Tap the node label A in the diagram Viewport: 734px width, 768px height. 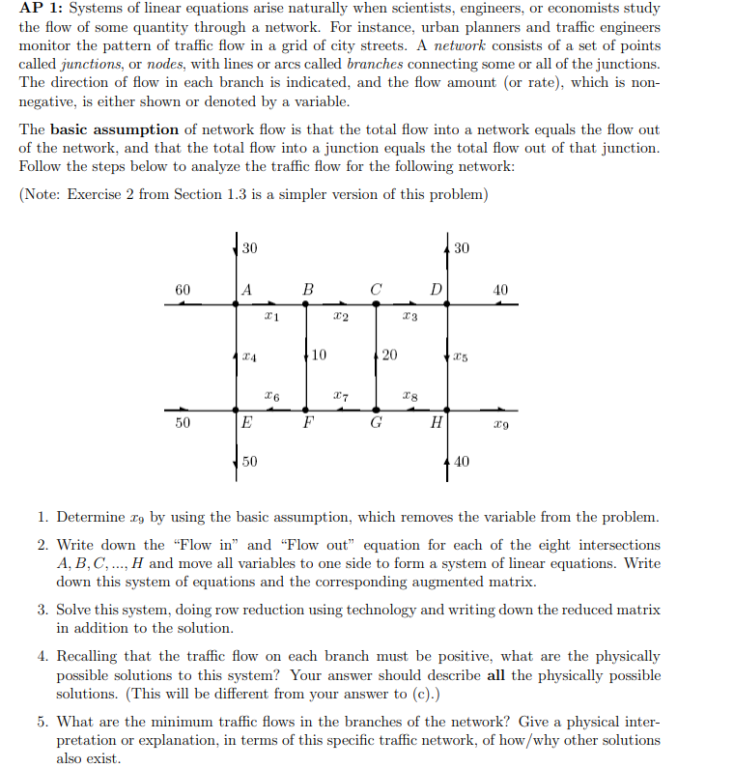(248, 289)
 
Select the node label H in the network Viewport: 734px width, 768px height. (437, 422)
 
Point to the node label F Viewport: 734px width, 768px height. (308, 422)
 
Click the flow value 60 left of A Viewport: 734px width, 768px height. (183, 289)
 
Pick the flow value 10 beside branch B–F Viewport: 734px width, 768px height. (319, 355)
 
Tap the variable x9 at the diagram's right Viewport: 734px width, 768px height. (497, 423)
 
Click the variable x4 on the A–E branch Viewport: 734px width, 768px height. (251, 356)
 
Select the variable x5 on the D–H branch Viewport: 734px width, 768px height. (461, 356)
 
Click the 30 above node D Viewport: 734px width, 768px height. (461, 248)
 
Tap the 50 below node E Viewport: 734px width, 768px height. (250, 462)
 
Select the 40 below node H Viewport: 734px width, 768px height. (461, 462)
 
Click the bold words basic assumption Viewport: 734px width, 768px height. (114, 129)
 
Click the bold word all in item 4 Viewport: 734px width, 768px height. (495, 674)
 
